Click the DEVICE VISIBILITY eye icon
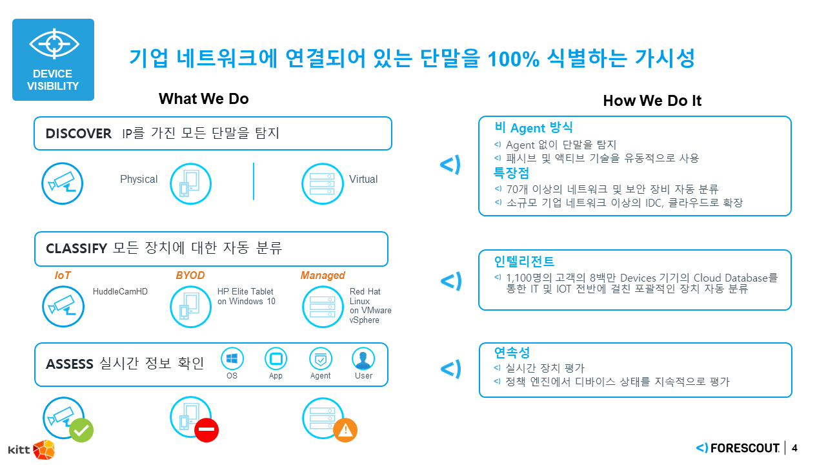pyautogui.click(x=54, y=44)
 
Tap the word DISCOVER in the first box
pyautogui.click(x=78, y=134)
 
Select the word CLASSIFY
pyautogui.click(x=76, y=249)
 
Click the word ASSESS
pyautogui.click(x=70, y=364)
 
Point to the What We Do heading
pyautogui.click(x=203, y=99)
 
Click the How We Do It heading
pyautogui.click(x=652, y=101)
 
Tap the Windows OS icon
pyautogui.click(x=232, y=359)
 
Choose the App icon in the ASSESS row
pyautogui.click(x=276, y=359)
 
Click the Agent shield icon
pyautogui.click(x=320, y=359)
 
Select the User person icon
pyautogui.click(x=363, y=359)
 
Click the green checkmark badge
pyautogui.click(x=81, y=430)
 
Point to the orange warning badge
pyautogui.click(x=345, y=430)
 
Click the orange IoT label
pyautogui.click(x=63, y=276)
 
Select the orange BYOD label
pyautogui.click(x=190, y=276)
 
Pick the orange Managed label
pyautogui.click(x=323, y=276)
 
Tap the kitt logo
pyautogui.click(x=31, y=449)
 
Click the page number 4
pyautogui.click(x=794, y=448)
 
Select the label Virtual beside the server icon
pyautogui.click(x=363, y=180)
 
